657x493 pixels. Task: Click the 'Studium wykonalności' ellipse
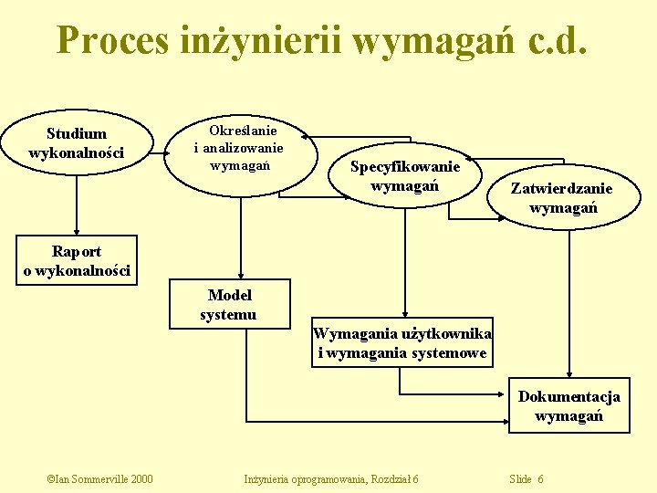tap(77, 143)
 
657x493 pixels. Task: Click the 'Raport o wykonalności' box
tap(77, 261)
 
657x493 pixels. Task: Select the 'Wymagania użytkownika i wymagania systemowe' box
tap(402, 343)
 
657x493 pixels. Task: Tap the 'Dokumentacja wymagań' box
tap(569, 405)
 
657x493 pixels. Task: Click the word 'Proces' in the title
tap(112, 39)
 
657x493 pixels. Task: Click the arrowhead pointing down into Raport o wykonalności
tap(78, 233)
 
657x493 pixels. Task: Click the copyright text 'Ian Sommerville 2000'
tap(99, 479)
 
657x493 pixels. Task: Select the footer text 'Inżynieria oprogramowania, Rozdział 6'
tap(331, 479)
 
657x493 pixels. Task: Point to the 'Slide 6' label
tap(527, 479)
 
